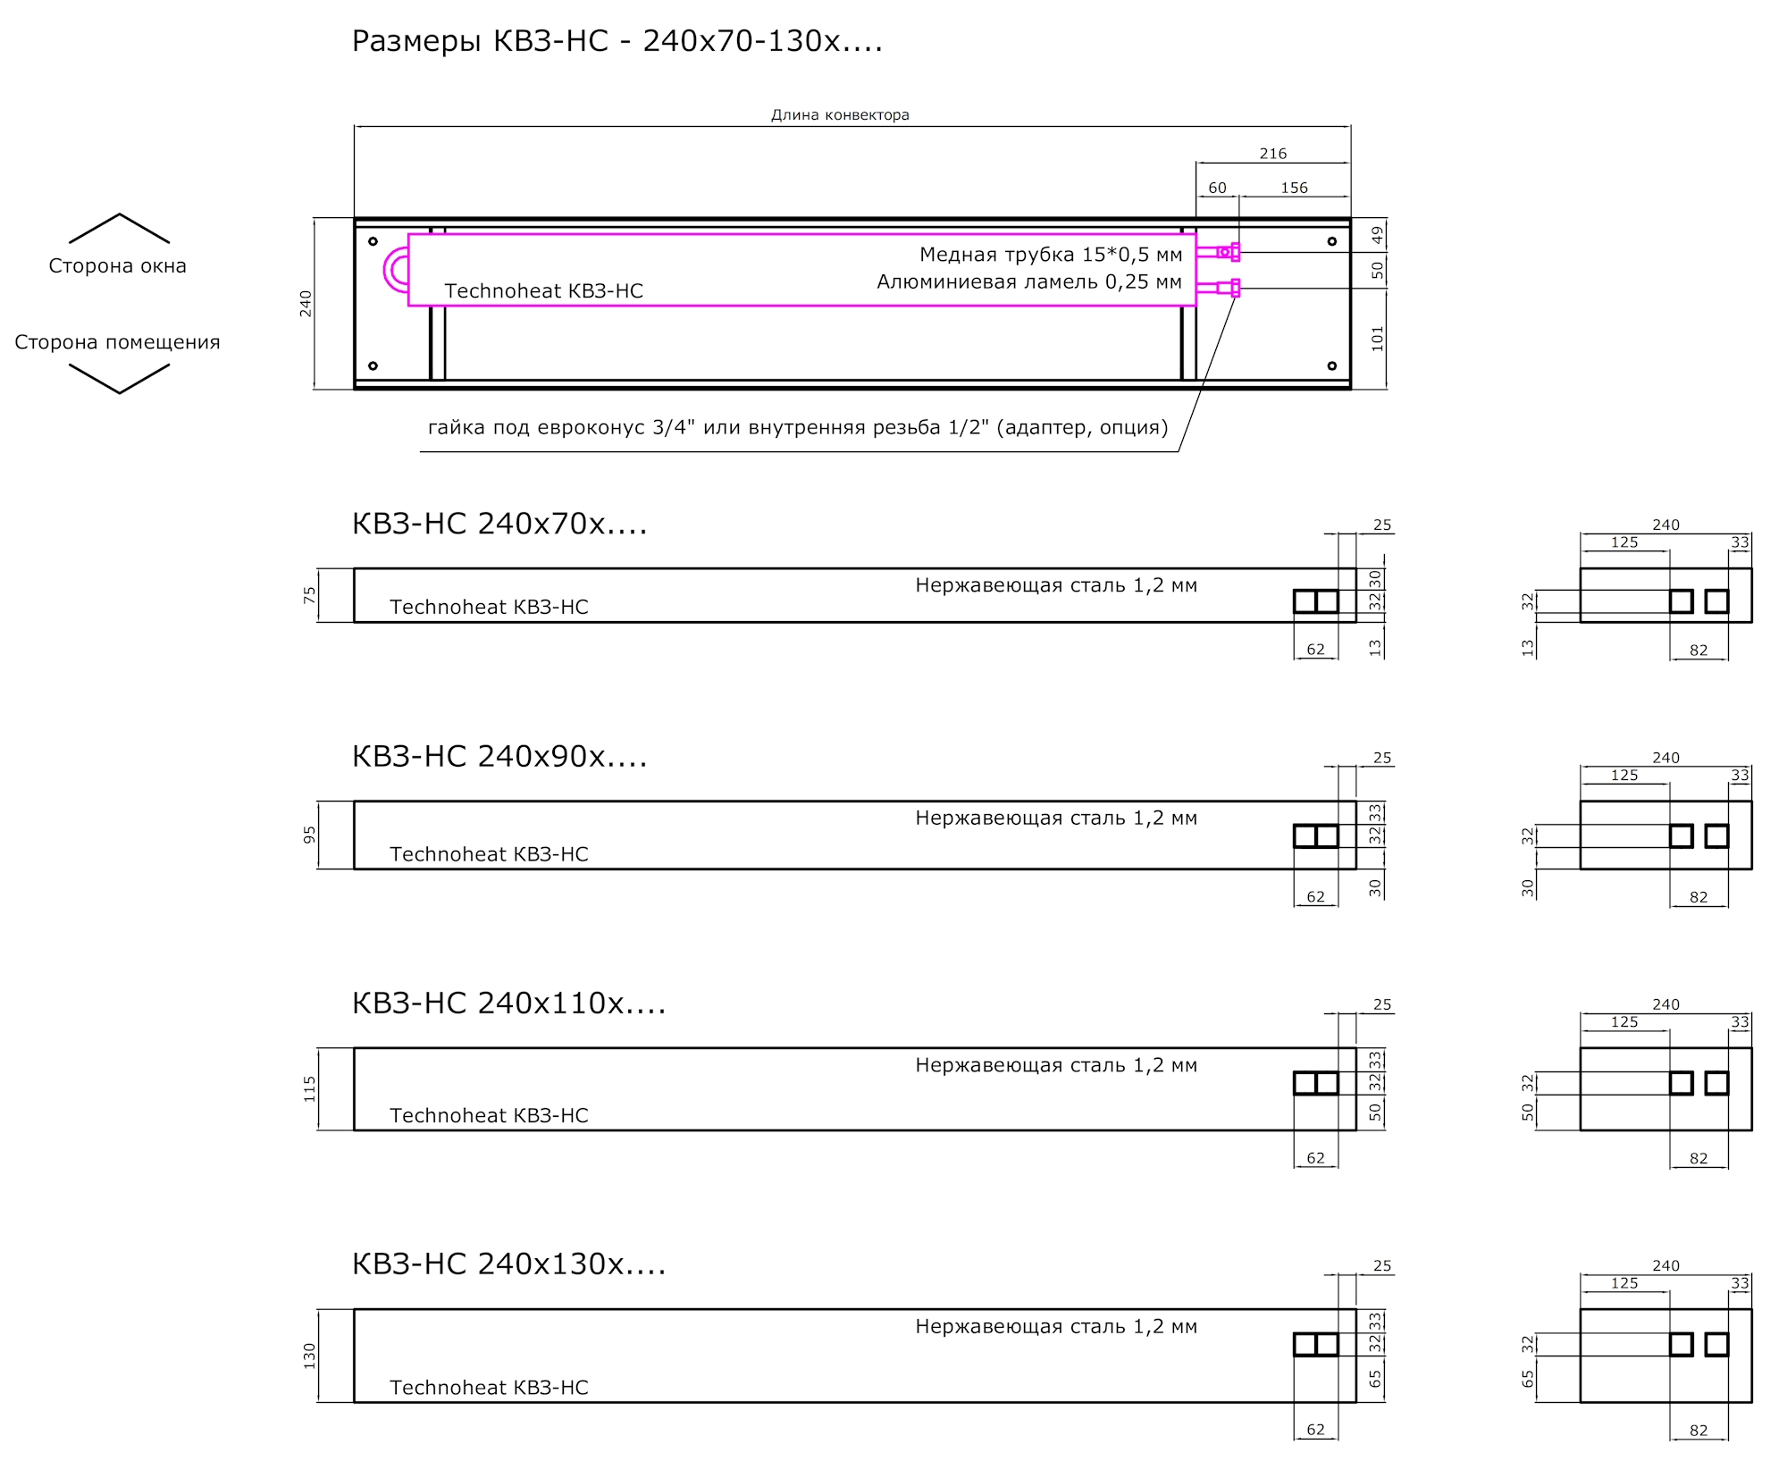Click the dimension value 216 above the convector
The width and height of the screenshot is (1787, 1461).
[1272, 154]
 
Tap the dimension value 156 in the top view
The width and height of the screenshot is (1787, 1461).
[1294, 188]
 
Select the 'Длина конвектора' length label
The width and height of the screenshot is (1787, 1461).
[840, 114]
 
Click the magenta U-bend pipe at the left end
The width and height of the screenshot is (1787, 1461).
[394, 270]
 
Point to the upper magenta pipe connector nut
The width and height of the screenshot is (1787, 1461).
[1235, 252]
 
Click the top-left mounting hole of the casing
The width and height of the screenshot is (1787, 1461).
[373, 241]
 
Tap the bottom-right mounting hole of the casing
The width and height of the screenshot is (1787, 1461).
[1331, 365]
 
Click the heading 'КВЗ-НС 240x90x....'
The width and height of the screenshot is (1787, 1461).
[499, 757]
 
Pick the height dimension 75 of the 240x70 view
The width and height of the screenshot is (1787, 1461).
[309, 594]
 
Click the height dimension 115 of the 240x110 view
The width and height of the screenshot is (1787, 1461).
[309, 1088]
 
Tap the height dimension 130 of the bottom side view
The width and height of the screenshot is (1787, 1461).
[309, 1356]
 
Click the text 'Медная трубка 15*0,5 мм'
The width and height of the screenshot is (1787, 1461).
[1051, 255]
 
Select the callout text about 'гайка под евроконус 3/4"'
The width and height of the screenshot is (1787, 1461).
[798, 427]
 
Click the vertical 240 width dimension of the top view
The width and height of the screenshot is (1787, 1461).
[306, 304]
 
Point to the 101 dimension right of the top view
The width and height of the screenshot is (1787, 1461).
[1377, 338]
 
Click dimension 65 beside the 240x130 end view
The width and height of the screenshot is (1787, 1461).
[1528, 1379]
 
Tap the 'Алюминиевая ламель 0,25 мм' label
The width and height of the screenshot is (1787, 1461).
[1029, 282]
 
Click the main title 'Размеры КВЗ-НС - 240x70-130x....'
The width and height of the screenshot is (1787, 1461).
[617, 41]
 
